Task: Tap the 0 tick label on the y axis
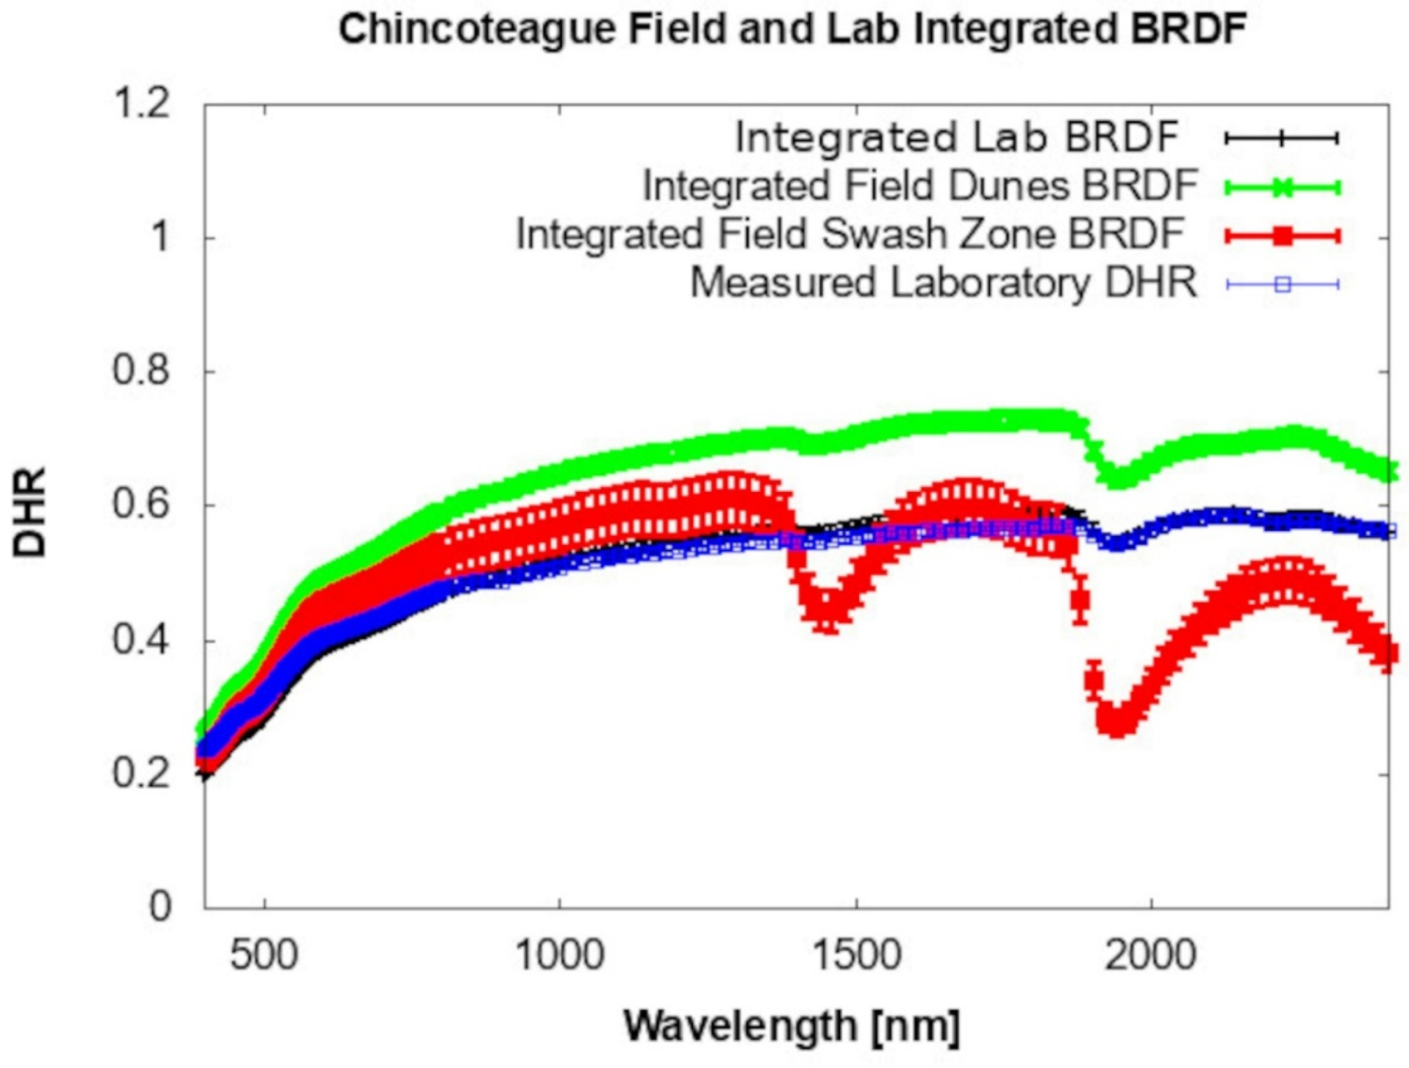pyautogui.click(x=161, y=907)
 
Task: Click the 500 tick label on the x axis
pyautogui.click(x=264, y=956)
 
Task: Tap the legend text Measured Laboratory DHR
pyautogui.click(x=944, y=283)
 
